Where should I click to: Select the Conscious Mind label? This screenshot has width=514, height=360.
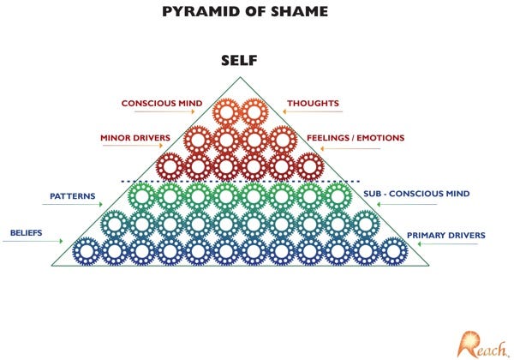coord(161,104)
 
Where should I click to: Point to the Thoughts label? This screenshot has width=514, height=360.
coord(313,104)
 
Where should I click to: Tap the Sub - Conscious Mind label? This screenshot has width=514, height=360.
coord(416,194)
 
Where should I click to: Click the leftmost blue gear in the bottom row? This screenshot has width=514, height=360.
coord(86,251)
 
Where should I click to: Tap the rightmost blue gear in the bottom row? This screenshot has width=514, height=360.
coord(393,251)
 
